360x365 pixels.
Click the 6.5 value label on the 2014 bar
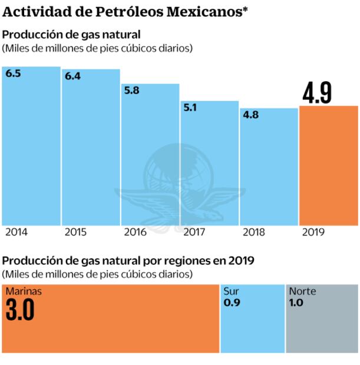(x=14, y=74)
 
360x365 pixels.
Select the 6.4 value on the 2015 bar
(x=73, y=77)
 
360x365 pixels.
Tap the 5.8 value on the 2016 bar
(x=133, y=91)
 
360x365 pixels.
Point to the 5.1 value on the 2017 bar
(x=191, y=108)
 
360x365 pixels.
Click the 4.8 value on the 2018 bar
(x=250, y=115)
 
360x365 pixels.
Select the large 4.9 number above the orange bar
(x=317, y=93)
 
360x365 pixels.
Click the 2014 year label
(x=16, y=233)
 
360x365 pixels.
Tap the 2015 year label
(x=75, y=233)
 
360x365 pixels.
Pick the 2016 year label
(x=135, y=233)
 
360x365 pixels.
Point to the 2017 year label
(x=194, y=233)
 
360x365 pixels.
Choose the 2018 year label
(x=253, y=233)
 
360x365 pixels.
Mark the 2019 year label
(x=313, y=233)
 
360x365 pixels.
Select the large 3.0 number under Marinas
(x=20, y=310)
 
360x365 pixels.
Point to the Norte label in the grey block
(x=302, y=291)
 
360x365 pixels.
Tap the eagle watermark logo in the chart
(x=180, y=182)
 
